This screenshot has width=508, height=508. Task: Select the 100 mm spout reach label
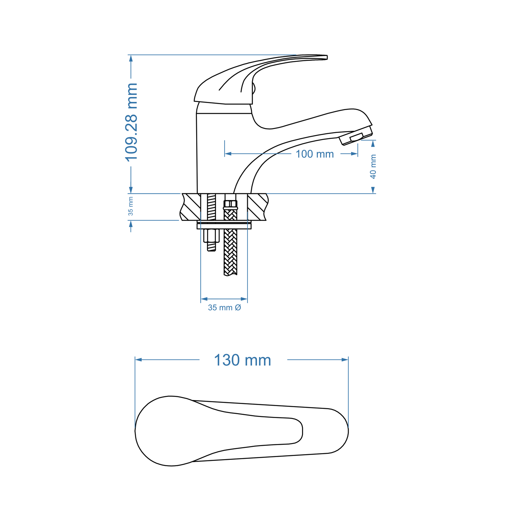314,154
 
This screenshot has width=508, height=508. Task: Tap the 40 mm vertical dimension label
373,167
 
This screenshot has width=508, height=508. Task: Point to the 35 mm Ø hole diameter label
224,308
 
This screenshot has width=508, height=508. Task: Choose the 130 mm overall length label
242,360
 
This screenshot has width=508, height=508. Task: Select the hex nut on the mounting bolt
211,235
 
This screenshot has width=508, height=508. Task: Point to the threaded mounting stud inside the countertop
211,207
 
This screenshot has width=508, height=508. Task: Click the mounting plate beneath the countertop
224,225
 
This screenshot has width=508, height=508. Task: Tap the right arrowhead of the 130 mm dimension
345,360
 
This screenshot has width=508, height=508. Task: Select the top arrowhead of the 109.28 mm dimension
131,58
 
